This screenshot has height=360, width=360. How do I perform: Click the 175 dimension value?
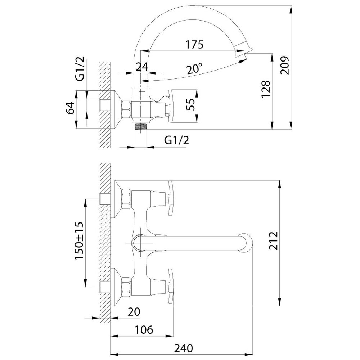(194, 45)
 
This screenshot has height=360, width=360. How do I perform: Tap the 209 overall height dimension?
(285, 66)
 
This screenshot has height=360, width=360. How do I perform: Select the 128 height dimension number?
(266, 89)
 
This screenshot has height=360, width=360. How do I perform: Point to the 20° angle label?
(194, 68)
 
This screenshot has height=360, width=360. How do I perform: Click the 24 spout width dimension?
(142, 67)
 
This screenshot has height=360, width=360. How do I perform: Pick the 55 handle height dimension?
(190, 104)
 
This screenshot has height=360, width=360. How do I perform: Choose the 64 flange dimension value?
(70, 108)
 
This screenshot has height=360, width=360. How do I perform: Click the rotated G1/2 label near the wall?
(80, 69)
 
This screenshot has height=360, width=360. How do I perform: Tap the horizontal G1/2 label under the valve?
(176, 140)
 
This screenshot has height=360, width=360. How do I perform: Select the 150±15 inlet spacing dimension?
(79, 240)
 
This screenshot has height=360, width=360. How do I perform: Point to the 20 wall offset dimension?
(134, 312)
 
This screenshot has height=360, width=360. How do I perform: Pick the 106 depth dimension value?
(144, 330)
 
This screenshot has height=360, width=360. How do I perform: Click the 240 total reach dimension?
(184, 348)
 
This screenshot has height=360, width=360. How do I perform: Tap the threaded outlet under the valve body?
(140, 126)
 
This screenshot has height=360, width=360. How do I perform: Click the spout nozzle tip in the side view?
(243, 50)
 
